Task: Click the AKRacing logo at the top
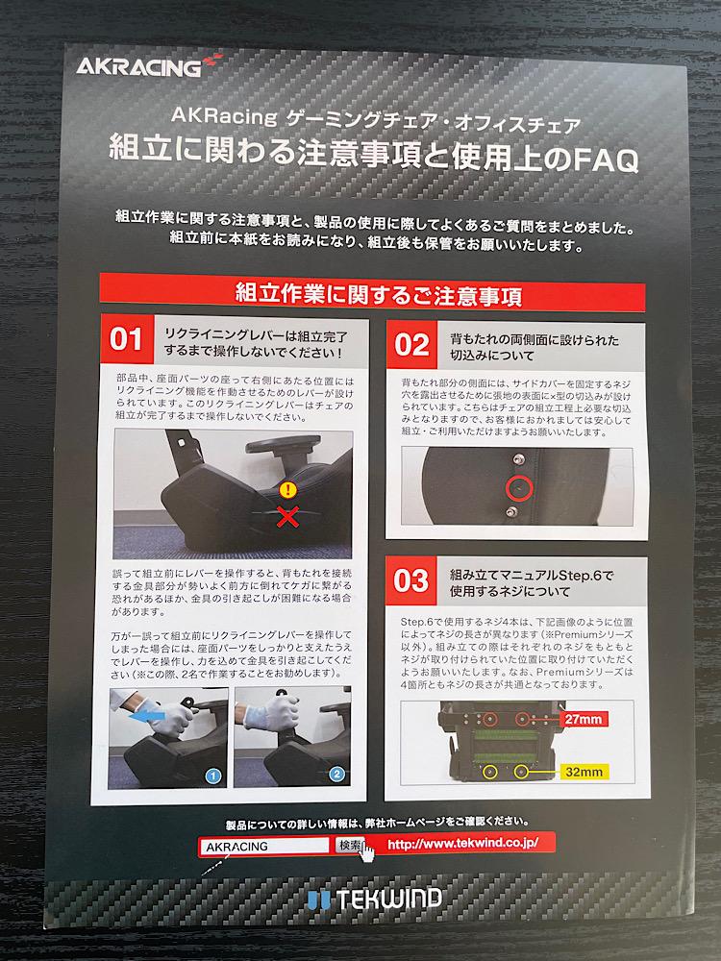click(x=149, y=65)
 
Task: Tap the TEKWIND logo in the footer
click(x=374, y=899)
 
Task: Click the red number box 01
click(x=126, y=339)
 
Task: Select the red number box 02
click(x=411, y=344)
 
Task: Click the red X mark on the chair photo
click(x=286, y=516)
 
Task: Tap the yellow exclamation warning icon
click(x=288, y=490)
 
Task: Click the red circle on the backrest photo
click(x=519, y=488)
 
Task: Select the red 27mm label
click(x=584, y=719)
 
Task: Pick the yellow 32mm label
click(x=584, y=772)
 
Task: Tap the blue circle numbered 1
click(x=212, y=776)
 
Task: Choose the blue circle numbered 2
click(x=336, y=774)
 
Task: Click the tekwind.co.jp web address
click(x=463, y=844)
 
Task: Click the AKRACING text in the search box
click(x=237, y=847)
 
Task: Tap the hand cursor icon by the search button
click(x=366, y=851)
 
